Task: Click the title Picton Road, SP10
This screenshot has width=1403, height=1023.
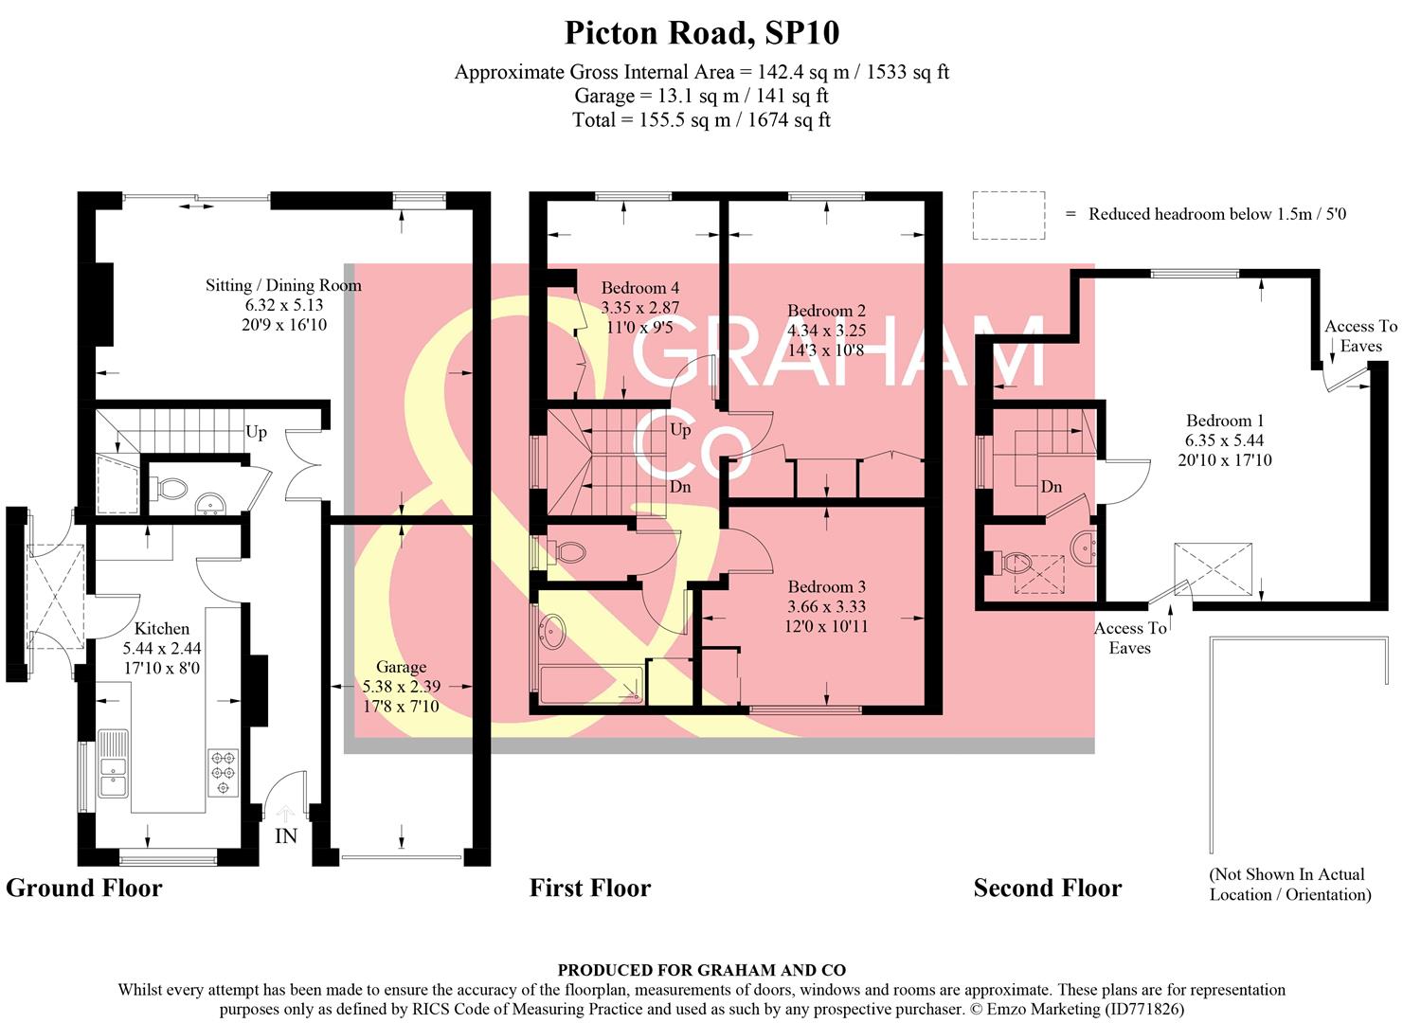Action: [701, 33]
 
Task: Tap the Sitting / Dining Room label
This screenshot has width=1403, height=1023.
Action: [284, 286]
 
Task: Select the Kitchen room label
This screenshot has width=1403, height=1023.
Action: [162, 628]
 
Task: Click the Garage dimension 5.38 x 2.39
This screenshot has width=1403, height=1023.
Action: [402, 687]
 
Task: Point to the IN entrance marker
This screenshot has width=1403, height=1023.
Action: [285, 835]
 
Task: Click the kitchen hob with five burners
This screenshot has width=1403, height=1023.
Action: [224, 772]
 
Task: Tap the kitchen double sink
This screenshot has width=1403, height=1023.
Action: [114, 763]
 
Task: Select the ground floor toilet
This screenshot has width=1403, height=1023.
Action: [169, 489]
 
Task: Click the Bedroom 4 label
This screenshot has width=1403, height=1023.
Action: [640, 288]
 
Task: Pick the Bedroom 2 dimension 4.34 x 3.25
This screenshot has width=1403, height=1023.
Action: [827, 331]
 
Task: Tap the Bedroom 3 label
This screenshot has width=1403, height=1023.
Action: [827, 586]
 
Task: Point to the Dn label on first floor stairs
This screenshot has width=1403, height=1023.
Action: [680, 487]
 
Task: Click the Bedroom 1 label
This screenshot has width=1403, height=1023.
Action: [1225, 421]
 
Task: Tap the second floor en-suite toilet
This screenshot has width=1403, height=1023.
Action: [1016, 563]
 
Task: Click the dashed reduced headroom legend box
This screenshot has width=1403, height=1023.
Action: [1008, 215]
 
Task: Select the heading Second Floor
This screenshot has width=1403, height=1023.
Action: [1047, 888]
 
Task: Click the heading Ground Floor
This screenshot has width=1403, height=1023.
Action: [84, 888]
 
